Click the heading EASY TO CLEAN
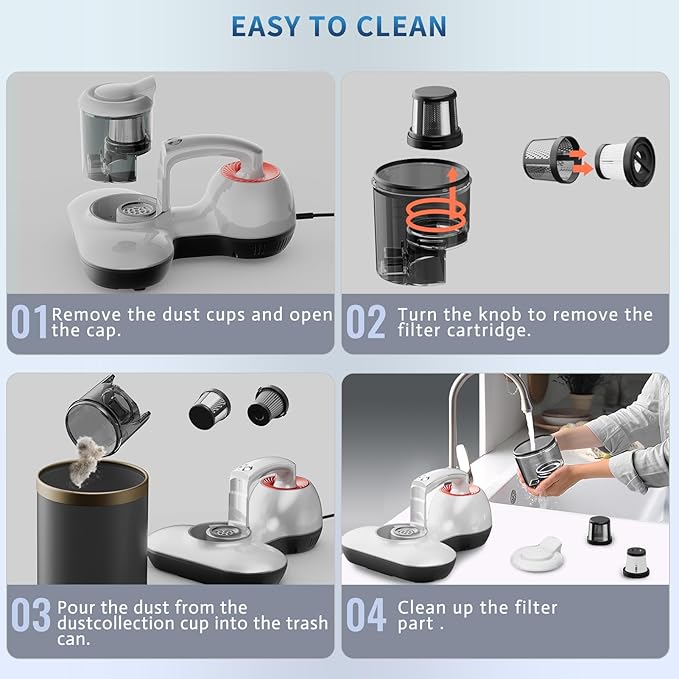coord(338,25)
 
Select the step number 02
coord(366,323)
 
